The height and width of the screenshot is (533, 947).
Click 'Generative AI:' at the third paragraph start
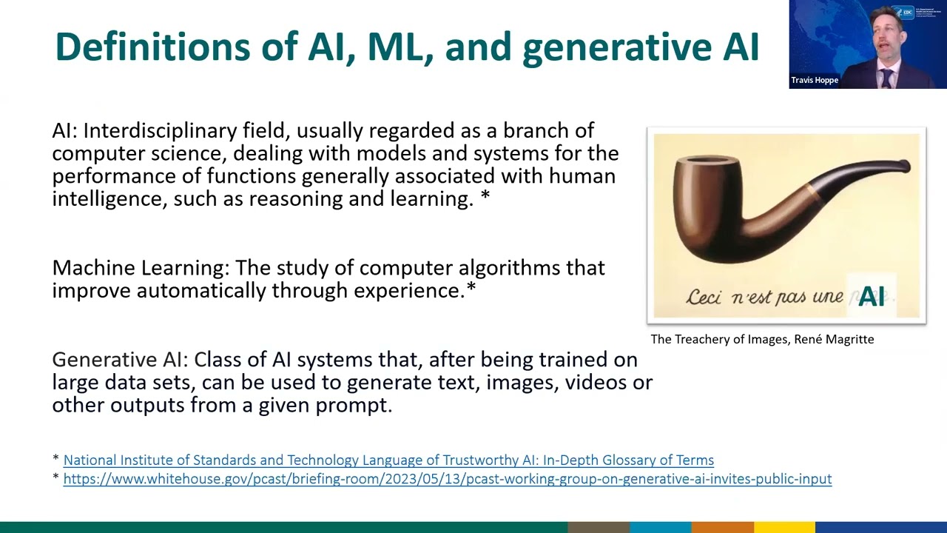point(121,360)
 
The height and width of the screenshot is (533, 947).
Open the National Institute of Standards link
point(388,460)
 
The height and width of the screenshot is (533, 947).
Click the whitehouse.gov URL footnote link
point(447,479)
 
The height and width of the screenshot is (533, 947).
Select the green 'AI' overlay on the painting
point(872,296)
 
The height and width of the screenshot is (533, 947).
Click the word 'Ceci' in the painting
point(704,297)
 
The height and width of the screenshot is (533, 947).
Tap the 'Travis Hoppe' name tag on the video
point(815,80)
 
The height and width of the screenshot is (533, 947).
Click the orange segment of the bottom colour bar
point(722,527)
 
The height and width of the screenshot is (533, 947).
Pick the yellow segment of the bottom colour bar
point(784,527)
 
